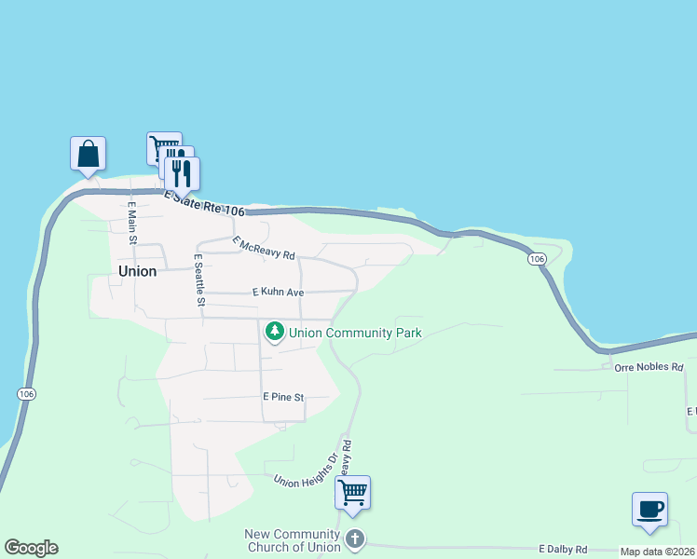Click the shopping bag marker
88,154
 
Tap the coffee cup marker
649,509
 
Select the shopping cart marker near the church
353,493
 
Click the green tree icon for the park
275,332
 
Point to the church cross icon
354,539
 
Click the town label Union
138,271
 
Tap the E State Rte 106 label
198,203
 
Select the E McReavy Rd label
264,248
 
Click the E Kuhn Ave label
279,292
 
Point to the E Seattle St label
199,279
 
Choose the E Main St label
132,224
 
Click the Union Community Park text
355,333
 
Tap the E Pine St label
283,397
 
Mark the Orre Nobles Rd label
649,367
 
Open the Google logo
31,548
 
